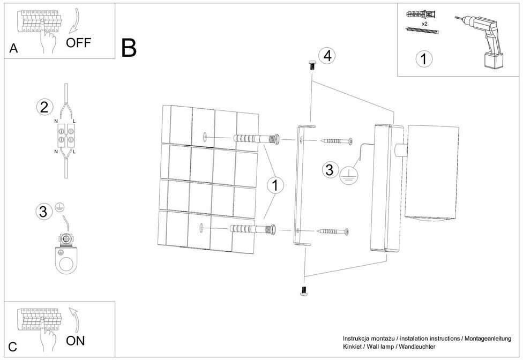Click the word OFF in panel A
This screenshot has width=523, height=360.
click(79, 43)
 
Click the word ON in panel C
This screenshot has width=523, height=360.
click(76, 340)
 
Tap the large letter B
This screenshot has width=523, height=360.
click(129, 48)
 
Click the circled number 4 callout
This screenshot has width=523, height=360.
click(327, 55)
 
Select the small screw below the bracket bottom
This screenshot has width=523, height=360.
click(304, 291)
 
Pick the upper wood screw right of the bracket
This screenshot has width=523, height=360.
click(335, 141)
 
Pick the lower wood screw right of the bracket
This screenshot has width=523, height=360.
click(332, 231)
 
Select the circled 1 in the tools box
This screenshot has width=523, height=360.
click(424, 59)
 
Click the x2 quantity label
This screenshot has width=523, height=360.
click(425, 24)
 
